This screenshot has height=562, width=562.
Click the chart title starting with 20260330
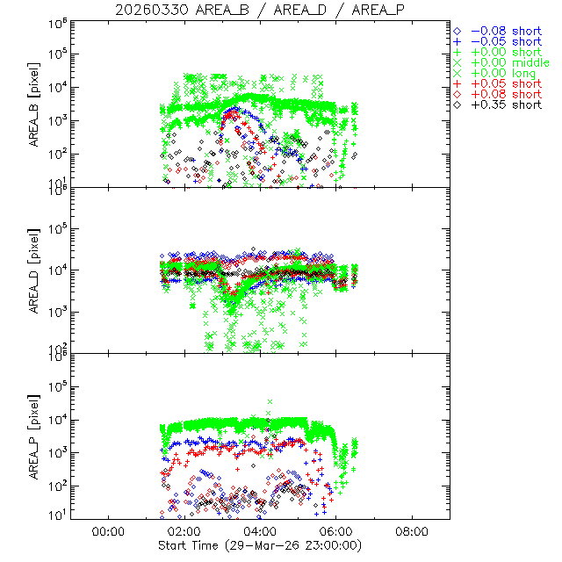click(x=260, y=10)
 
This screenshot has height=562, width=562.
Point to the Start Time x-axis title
click(x=260, y=545)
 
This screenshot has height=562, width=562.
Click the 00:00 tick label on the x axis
click(x=107, y=531)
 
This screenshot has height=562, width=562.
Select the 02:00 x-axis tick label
click(x=184, y=531)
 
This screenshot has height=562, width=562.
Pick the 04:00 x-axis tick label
click(x=260, y=531)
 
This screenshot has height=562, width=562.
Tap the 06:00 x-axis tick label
click(x=336, y=531)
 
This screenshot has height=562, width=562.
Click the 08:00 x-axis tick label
click(x=413, y=531)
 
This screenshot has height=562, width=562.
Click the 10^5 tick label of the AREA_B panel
click(x=57, y=54)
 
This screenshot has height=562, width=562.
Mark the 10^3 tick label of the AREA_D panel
click(x=57, y=313)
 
